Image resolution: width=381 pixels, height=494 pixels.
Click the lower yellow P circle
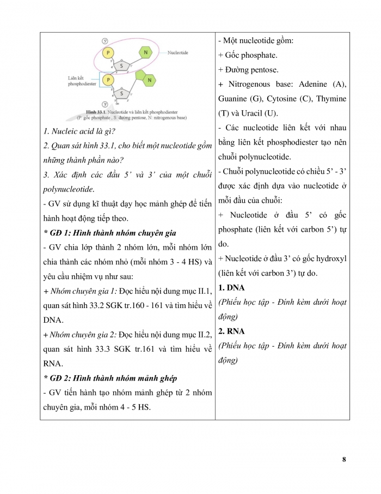click(108, 80)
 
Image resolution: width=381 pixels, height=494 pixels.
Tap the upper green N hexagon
click(145, 52)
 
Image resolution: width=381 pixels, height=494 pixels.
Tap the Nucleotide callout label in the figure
click(178, 52)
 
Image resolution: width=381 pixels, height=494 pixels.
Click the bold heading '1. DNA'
click(232, 287)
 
